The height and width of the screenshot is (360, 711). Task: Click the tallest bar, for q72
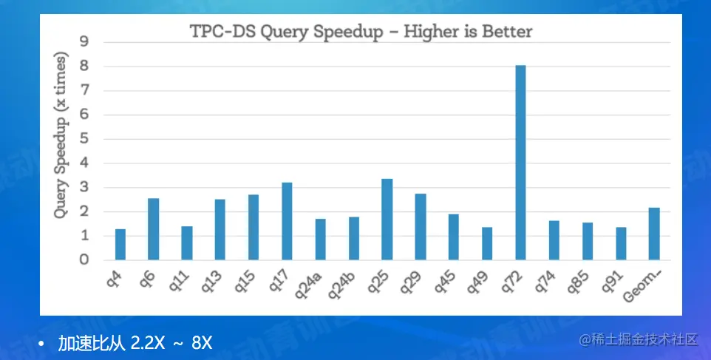[x=520, y=163]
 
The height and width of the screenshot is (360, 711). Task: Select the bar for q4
[x=120, y=245]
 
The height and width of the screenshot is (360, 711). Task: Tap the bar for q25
[x=387, y=220]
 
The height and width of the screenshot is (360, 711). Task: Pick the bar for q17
[x=287, y=221]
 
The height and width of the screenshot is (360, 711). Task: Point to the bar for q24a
[x=320, y=240]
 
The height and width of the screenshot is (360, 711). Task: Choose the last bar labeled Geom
[x=654, y=234]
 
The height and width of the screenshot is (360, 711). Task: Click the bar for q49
[x=487, y=243]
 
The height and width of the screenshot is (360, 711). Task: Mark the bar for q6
[x=153, y=229]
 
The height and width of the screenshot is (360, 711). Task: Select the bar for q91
[x=621, y=243]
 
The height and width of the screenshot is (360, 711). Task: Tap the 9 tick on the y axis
[x=84, y=42]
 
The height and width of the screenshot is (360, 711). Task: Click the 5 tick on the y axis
[x=84, y=139]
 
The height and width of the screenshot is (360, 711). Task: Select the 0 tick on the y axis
[x=84, y=259]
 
